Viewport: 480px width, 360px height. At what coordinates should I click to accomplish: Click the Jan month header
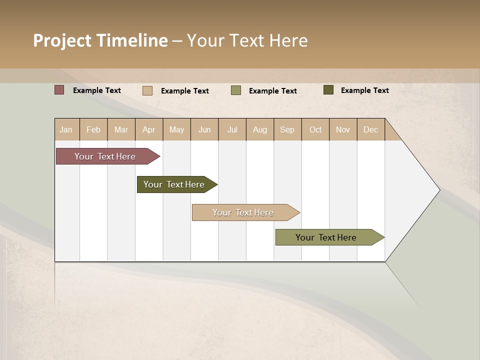pos(66,129)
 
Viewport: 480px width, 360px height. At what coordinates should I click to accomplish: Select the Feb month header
pos(93,129)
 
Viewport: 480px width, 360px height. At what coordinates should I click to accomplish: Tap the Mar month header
pos(121,129)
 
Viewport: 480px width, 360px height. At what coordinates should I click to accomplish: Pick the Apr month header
pos(149,129)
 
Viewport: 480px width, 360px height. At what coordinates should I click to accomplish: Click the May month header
pos(176,129)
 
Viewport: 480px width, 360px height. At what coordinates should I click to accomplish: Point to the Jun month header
pos(204,129)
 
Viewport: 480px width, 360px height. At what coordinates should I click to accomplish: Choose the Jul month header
pos(232,129)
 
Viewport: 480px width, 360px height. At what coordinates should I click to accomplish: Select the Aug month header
pos(260,129)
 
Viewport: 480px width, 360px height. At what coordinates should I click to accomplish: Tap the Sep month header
pos(287,129)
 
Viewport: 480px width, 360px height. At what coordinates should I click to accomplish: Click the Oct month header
pos(315,129)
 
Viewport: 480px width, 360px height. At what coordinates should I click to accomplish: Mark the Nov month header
pos(343,129)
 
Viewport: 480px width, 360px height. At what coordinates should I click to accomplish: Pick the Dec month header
pos(371,129)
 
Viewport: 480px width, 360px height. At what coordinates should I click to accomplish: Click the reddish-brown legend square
pos(59,90)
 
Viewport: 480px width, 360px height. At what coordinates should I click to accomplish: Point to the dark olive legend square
pos(328,90)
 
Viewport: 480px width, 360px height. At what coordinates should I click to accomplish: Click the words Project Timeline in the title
pos(100,40)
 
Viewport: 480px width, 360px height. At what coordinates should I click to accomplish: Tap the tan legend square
pos(147,90)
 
